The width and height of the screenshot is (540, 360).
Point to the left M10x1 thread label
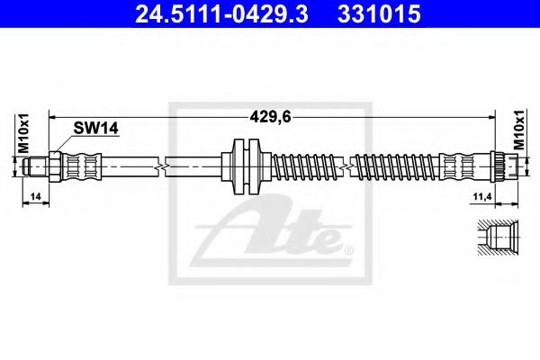click(25, 135)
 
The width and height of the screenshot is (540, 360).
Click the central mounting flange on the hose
click(246, 166)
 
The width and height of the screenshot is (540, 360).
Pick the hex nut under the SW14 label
click(55, 166)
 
